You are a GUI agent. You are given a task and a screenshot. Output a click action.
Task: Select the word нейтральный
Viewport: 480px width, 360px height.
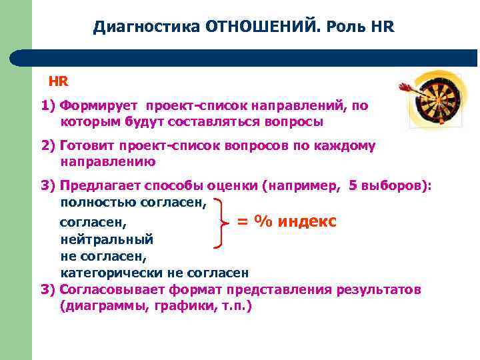click(x=107, y=239)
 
